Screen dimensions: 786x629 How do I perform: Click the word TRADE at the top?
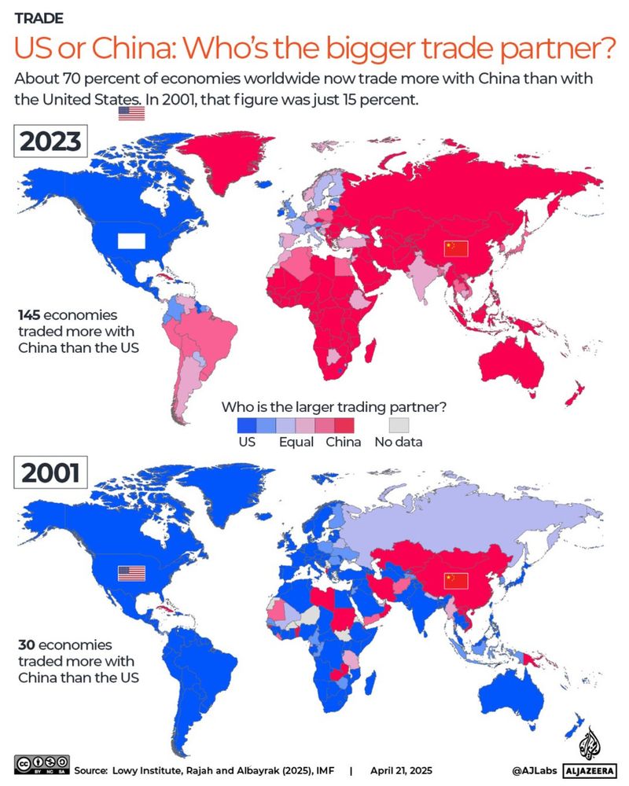[x=39, y=17]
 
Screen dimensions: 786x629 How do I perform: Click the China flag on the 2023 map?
[x=455, y=248]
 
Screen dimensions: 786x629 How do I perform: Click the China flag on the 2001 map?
[x=455, y=581]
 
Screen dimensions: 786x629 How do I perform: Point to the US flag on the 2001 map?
[x=131, y=573]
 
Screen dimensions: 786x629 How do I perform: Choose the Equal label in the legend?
[x=296, y=442]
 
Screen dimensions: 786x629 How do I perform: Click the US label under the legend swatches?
[x=247, y=442]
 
